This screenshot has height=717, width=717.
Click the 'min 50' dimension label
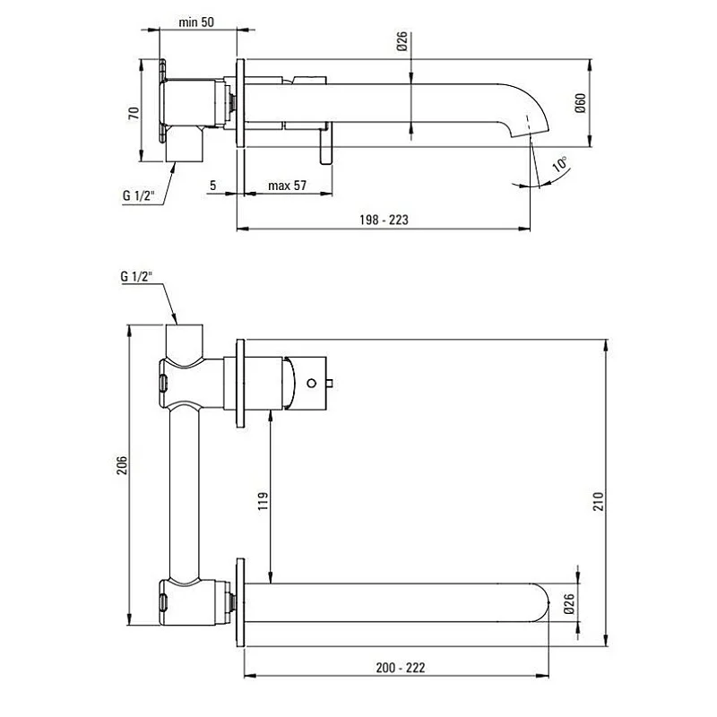pos(195,22)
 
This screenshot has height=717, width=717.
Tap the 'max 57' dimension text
pos(288,186)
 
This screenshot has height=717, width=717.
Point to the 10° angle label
pos(558,164)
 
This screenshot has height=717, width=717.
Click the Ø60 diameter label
pos(580,103)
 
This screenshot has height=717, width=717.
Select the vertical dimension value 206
pos(122,465)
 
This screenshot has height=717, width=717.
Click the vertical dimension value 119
pos(263,501)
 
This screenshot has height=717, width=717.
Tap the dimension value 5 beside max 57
pos(212,186)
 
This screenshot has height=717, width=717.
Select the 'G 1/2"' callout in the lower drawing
pos(137,277)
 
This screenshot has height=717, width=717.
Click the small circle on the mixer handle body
pos(311,383)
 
